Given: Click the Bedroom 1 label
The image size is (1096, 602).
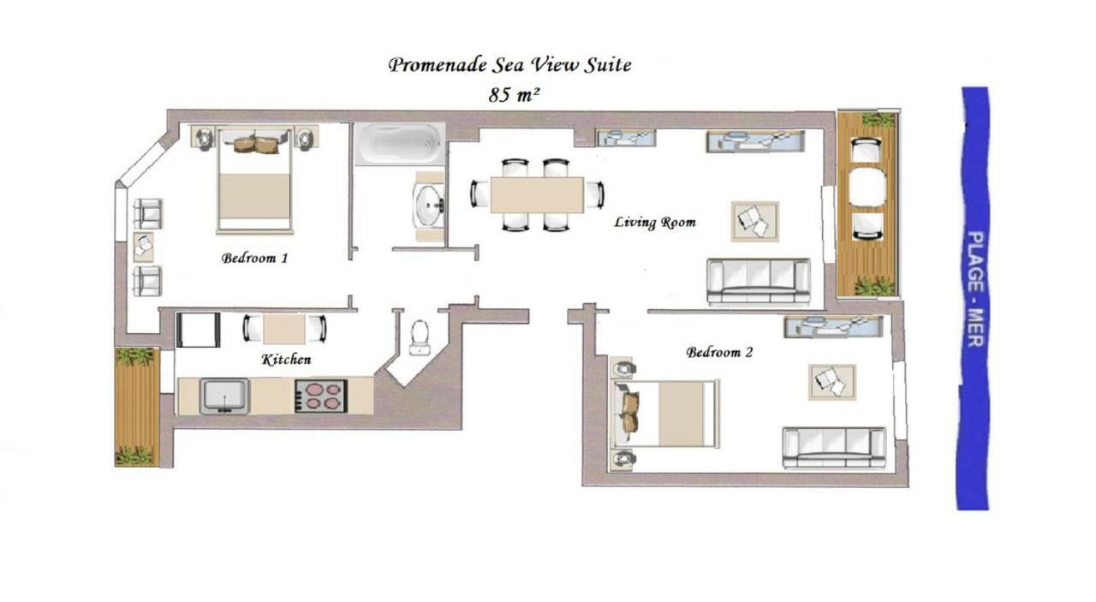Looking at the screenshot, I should [254, 258].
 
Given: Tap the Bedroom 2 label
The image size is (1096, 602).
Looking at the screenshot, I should [719, 352].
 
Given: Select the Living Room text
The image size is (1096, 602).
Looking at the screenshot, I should [655, 223].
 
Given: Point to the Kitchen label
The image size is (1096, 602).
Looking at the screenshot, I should [286, 360].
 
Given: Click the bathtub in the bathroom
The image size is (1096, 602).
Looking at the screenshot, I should [400, 143].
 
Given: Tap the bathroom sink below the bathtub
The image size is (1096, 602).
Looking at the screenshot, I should [427, 205].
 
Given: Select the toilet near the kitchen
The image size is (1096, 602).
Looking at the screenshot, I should [420, 336].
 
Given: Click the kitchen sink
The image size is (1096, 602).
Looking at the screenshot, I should [224, 396].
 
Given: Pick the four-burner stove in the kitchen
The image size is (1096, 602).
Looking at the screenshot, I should [320, 396].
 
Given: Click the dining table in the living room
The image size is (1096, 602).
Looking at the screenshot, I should [537, 194].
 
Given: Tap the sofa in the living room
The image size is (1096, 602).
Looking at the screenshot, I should [759, 280].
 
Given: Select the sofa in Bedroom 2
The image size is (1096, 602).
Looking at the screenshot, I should [834, 447].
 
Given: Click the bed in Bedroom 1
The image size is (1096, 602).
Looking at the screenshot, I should [255, 182].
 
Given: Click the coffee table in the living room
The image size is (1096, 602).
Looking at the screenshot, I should [754, 221].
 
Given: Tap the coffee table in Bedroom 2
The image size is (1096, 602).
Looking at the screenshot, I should [831, 381].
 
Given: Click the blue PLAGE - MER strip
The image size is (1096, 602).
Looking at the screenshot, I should [974, 298].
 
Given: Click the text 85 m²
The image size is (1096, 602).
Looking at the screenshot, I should [514, 95].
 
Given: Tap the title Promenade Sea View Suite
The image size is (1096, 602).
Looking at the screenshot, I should [509, 65].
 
